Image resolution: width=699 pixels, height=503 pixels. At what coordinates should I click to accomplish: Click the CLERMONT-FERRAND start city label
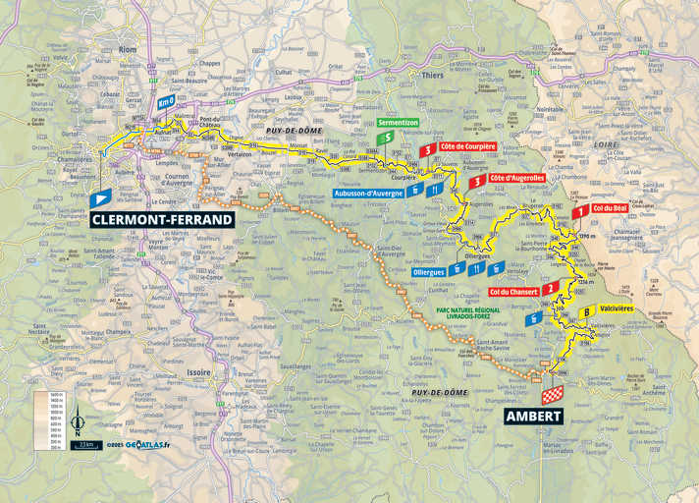(163, 219)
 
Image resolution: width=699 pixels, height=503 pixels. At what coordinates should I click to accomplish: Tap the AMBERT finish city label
(534, 416)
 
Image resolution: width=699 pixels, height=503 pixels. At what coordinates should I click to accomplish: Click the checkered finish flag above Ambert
(553, 394)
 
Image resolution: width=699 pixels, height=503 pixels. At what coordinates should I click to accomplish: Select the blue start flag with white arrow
(100, 198)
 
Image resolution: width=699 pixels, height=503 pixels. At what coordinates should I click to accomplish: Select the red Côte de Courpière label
(468, 146)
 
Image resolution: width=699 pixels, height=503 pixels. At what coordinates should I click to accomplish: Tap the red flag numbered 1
(582, 210)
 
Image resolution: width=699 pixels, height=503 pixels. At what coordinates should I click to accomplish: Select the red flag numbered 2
(552, 288)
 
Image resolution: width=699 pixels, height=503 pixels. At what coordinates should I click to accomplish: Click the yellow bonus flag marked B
(586, 312)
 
